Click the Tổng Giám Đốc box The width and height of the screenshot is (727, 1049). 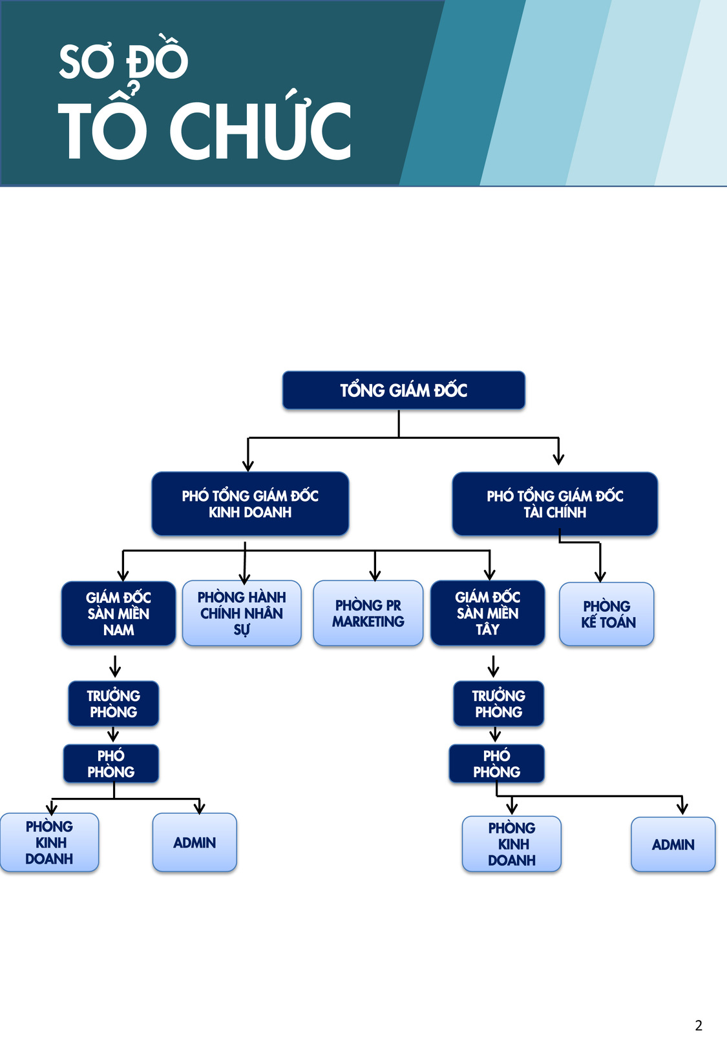(404, 390)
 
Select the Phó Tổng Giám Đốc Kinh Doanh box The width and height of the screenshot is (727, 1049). (250, 504)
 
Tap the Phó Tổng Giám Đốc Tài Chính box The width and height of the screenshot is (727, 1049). (555, 504)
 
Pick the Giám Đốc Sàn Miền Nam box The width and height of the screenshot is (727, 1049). (119, 613)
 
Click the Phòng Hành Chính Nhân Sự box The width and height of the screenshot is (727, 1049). (242, 613)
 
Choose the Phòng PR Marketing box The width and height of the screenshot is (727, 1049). (368, 613)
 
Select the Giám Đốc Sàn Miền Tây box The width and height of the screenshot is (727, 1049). (488, 613)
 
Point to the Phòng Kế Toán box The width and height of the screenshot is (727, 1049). (607, 614)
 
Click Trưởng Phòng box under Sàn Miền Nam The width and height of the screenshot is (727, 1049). (114, 704)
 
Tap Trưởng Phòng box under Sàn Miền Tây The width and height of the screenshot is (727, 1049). (499, 704)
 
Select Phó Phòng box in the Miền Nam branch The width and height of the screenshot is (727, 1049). (111, 763)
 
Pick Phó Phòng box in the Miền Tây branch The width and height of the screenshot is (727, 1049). (497, 763)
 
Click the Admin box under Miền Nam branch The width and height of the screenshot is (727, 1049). (195, 842)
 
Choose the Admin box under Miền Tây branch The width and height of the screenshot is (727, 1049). (673, 844)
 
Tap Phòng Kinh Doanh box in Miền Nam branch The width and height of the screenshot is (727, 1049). (49, 842)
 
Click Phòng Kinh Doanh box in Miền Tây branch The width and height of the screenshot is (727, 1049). (512, 844)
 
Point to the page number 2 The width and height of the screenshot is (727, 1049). (699, 1026)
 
